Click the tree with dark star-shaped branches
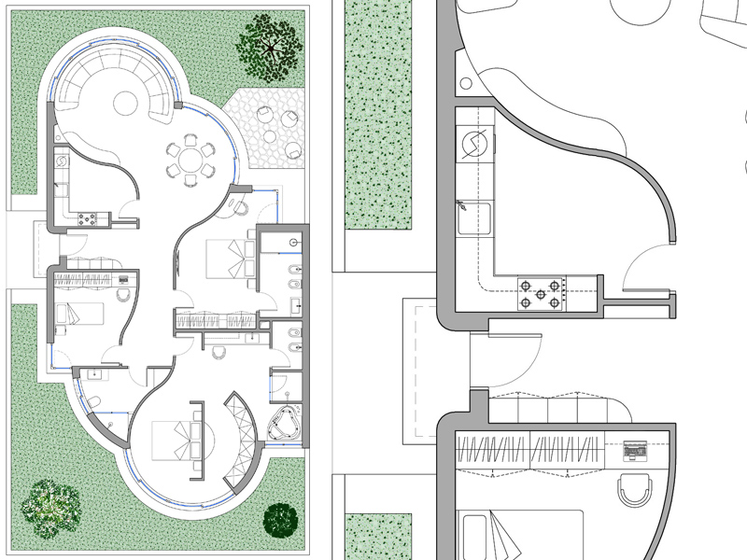(269, 45)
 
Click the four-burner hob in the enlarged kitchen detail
(540, 293)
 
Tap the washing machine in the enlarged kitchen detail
(472, 145)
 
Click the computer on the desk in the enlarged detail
(635, 452)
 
